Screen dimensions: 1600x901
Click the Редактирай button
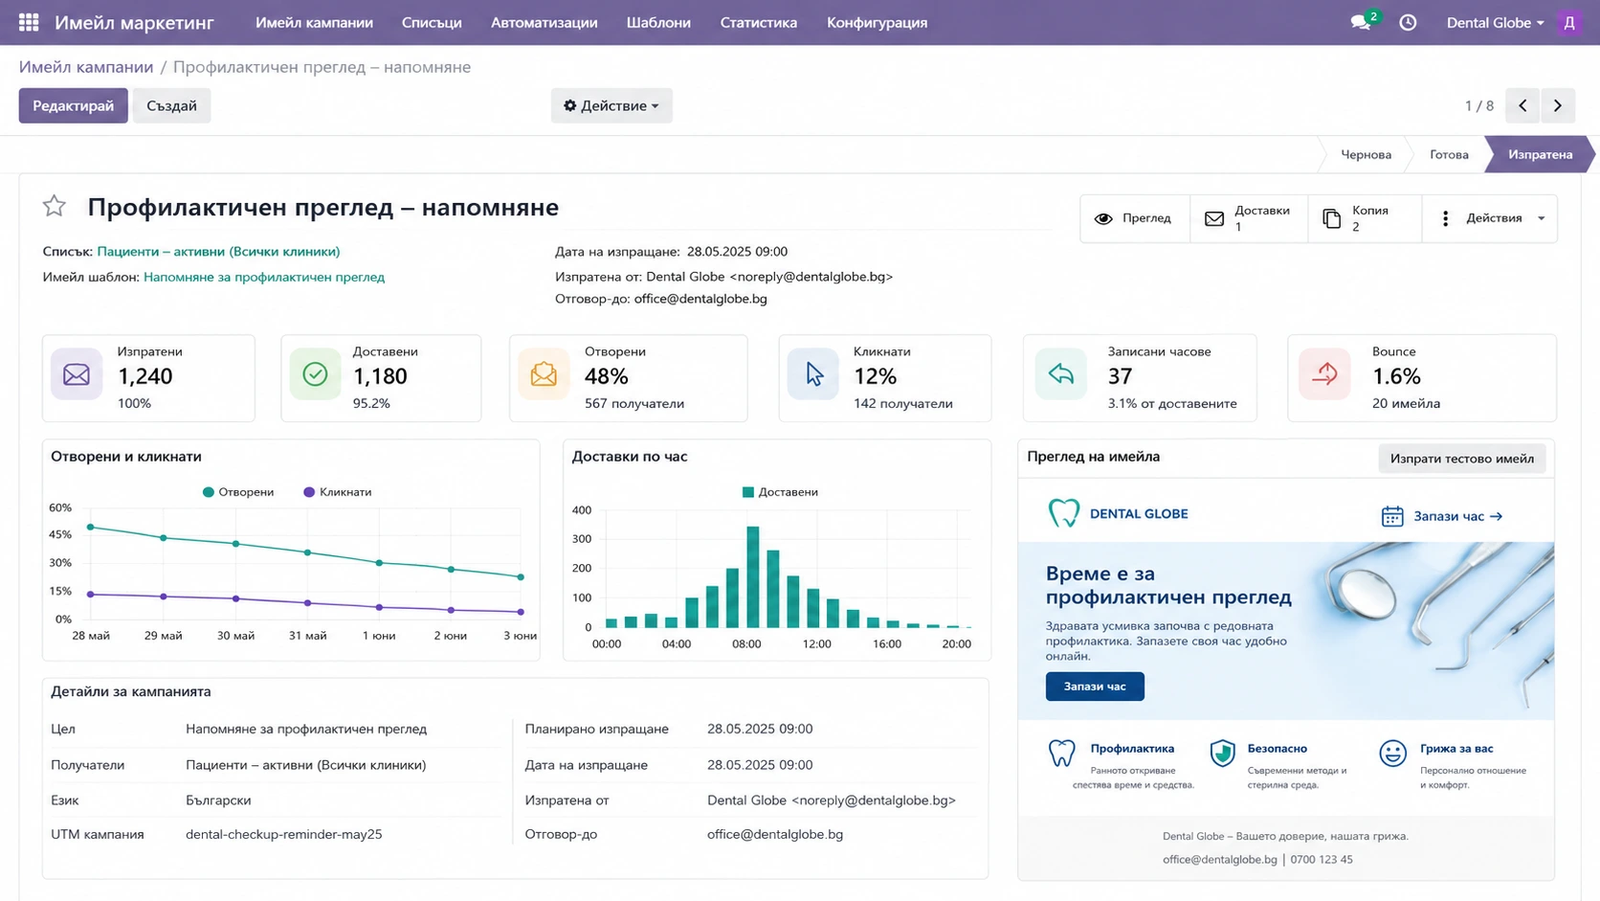click(73, 105)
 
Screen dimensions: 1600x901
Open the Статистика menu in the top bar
click(758, 23)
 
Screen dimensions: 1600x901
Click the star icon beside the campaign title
click(55, 207)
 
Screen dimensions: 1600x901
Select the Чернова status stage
click(1366, 154)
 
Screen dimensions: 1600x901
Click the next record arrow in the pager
click(1558, 105)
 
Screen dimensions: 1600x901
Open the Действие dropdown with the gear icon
click(611, 105)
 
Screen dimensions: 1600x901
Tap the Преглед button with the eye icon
click(1134, 218)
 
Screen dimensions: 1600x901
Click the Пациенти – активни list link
click(218, 252)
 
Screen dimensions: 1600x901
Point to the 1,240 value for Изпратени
click(145, 376)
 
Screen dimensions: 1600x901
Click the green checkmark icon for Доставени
click(315, 374)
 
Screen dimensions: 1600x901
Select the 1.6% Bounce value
click(1396, 376)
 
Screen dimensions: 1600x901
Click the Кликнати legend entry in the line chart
click(337, 492)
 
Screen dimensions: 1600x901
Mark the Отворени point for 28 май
click(91, 528)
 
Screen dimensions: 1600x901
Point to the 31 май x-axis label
click(307, 636)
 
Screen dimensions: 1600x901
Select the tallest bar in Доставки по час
click(753, 577)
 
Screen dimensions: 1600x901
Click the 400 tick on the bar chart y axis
click(582, 510)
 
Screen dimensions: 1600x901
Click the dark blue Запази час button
click(1095, 687)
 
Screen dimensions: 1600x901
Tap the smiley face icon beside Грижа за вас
click(1392, 754)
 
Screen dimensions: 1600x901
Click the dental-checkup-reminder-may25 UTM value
click(283, 835)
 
